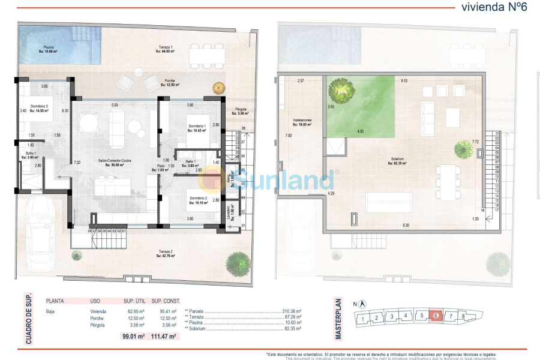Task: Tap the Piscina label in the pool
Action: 48,49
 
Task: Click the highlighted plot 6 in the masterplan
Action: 436,316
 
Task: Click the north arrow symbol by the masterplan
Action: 363,304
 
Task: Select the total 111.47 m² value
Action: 163,337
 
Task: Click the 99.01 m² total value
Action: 133,337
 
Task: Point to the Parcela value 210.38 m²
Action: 291,311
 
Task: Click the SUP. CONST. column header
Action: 166,301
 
